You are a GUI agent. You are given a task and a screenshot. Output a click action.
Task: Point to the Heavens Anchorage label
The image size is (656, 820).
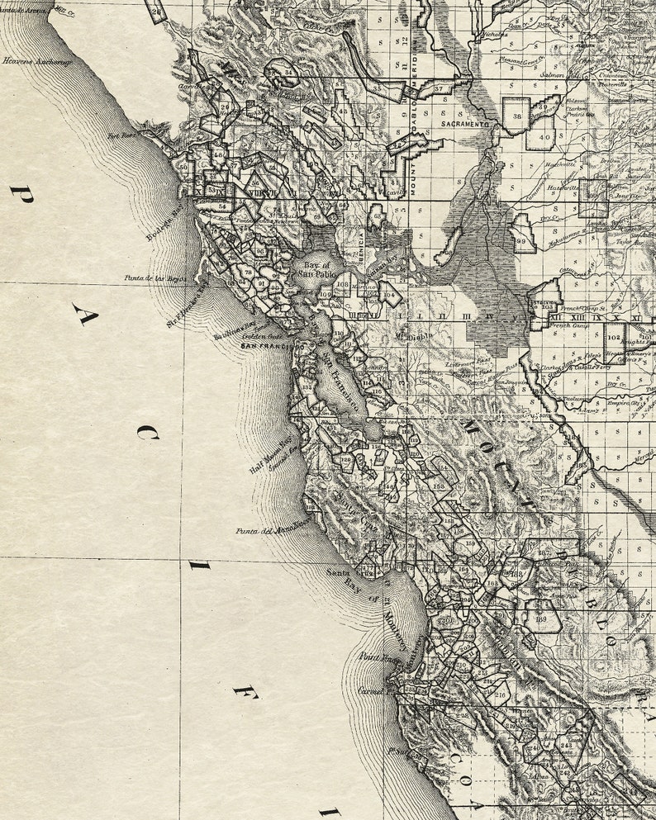point(36,61)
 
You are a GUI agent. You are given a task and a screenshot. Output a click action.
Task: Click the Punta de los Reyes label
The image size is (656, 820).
point(154,279)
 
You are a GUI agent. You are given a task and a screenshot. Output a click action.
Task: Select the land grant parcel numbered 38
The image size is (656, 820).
point(516,116)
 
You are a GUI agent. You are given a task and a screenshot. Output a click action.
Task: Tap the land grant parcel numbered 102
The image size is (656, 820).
point(613,337)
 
